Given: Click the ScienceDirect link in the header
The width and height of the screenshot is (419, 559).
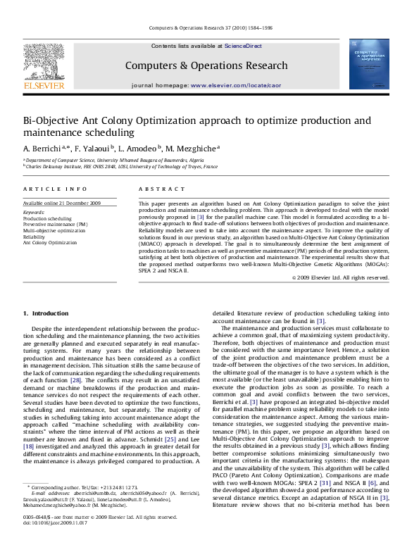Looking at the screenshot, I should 243,45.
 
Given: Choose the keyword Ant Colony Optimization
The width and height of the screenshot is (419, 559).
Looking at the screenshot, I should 50,242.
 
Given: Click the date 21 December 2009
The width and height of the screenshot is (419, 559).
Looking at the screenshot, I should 82,203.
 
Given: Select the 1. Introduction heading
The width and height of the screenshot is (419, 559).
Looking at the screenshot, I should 46,313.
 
